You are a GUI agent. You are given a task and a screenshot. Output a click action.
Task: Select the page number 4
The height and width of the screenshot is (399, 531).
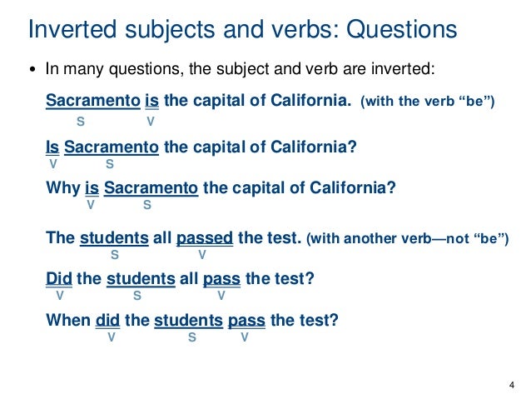pos(511,384)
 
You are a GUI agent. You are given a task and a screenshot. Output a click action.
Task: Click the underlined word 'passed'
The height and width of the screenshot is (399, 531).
pos(205,238)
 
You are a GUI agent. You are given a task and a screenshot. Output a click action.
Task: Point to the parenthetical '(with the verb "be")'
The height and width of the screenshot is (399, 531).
pos(427,102)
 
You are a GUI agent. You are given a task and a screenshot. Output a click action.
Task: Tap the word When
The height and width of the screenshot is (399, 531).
pos(68,319)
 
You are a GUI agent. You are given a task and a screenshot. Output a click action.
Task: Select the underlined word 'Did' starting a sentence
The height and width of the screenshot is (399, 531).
pos(59,279)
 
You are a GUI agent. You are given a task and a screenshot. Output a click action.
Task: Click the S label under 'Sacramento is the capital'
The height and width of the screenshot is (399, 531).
pos(81,121)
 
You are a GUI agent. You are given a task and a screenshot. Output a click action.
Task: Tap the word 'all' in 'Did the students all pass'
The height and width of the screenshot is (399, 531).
pos(188,279)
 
